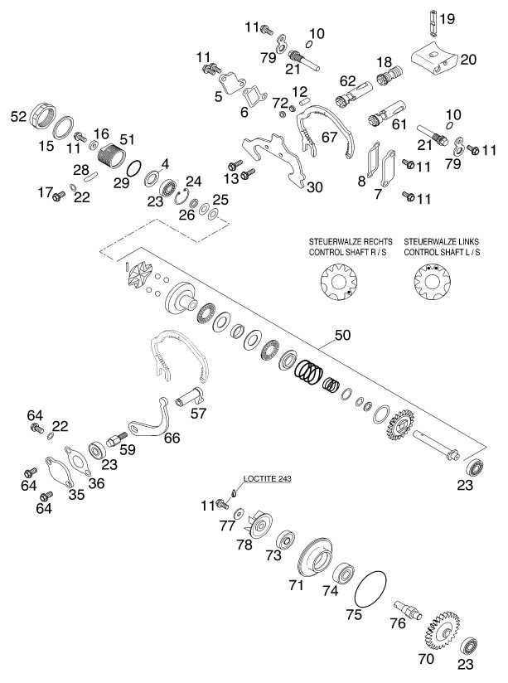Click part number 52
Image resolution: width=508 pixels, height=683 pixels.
(x=17, y=118)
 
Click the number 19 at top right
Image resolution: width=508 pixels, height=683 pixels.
(x=448, y=18)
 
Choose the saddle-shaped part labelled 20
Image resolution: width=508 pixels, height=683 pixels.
(x=435, y=60)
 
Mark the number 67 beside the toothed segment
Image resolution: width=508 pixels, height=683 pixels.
(x=330, y=138)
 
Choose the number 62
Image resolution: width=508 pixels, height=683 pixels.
(x=346, y=81)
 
